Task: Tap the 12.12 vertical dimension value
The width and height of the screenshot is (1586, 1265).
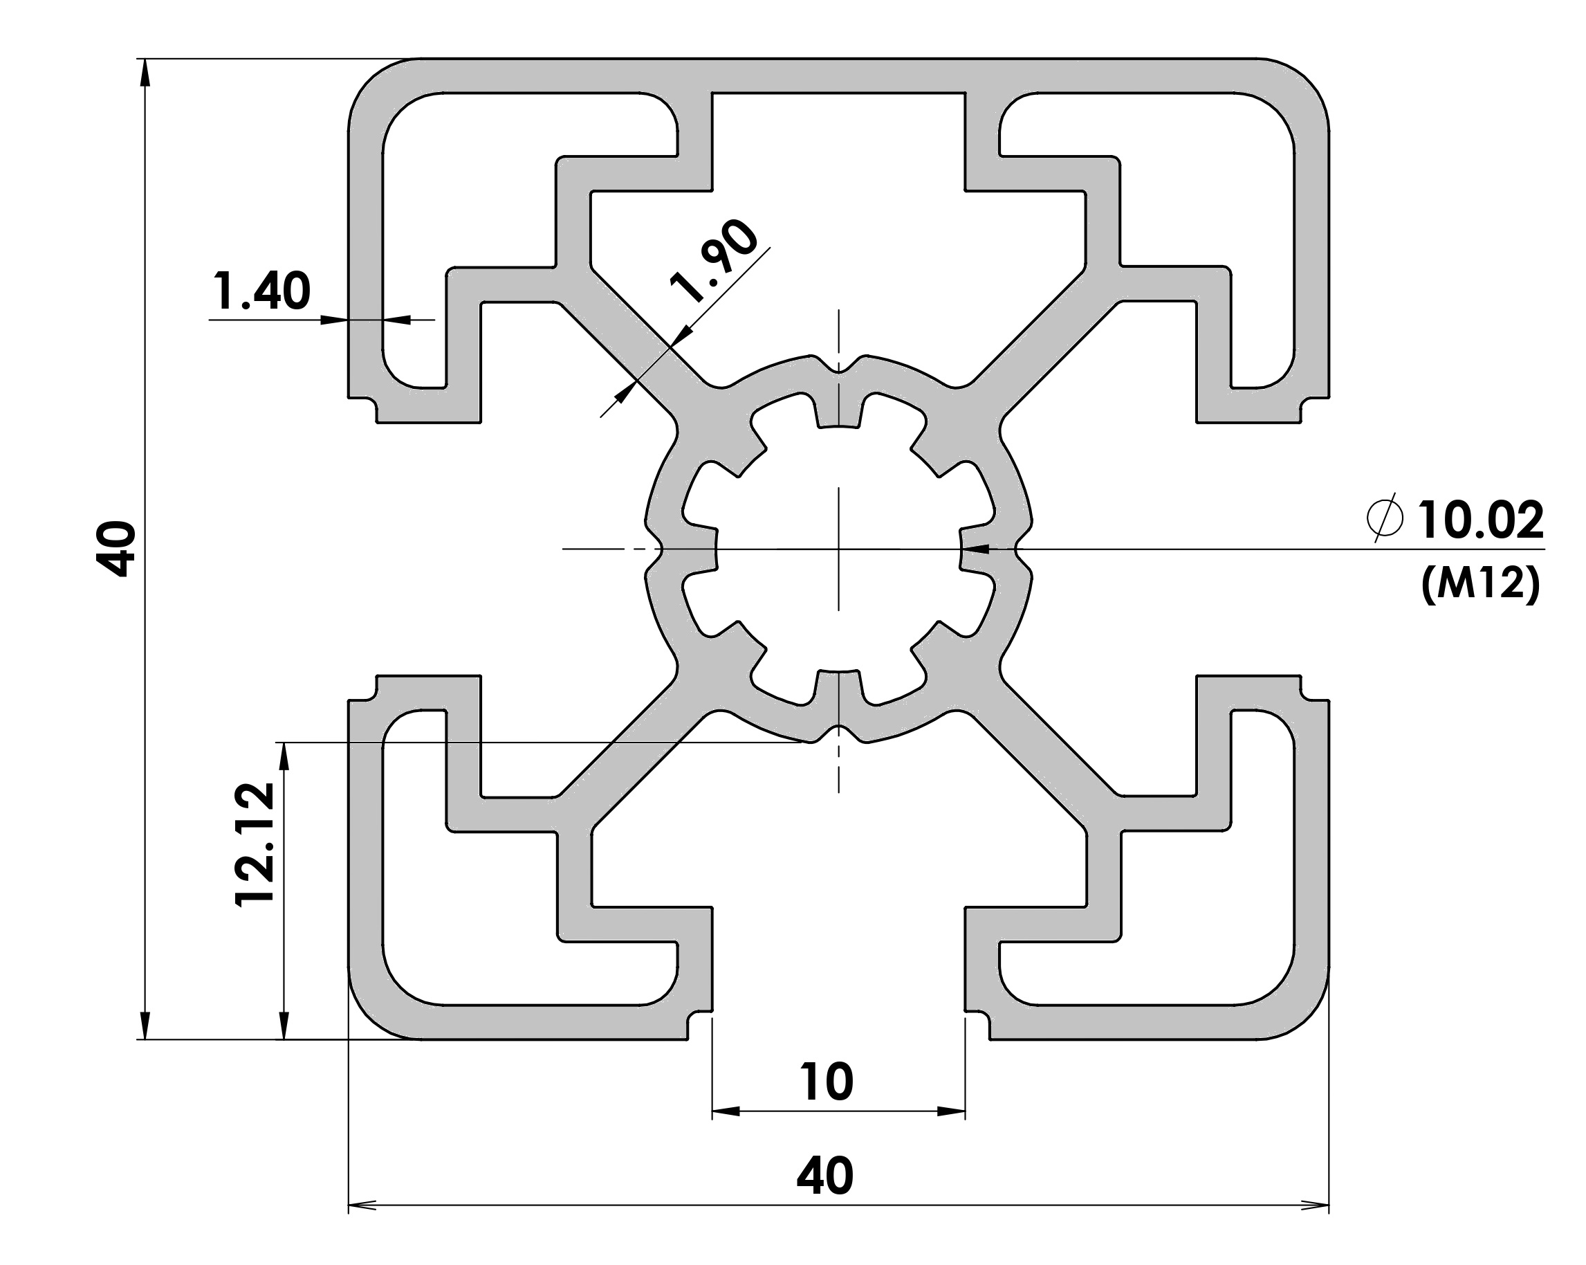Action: click(x=255, y=844)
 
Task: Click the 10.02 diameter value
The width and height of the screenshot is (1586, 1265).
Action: click(x=1481, y=520)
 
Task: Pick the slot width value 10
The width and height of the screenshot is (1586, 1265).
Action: click(x=827, y=1081)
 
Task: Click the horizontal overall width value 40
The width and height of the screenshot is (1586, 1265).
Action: click(x=825, y=1175)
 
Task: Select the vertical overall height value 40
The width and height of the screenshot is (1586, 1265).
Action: click(x=116, y=548)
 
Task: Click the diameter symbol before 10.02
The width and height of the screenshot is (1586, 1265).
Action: click(x=1386, y=520)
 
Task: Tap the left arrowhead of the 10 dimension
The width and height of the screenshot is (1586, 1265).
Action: click(x=726, y=1111)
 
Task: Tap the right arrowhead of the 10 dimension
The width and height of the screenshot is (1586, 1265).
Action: click(x=951, y=1111)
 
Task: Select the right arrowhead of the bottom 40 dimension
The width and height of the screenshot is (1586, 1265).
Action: click(x=1316, y=1205)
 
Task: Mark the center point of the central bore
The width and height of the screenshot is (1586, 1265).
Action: click(x=838, y=549)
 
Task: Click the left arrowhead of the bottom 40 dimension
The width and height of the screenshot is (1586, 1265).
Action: click(x=362, y=1205)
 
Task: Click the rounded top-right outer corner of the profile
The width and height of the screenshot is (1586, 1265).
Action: click(x=1308, y=80)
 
